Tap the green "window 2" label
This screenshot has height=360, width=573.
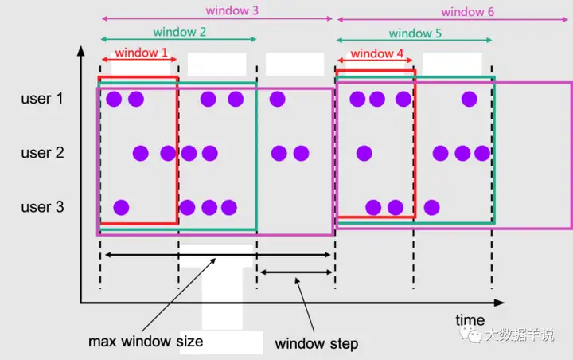click(x=181, y=33)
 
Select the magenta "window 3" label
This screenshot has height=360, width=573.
click(x=232, y=11)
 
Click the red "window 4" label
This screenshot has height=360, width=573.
click(x=376, y=54)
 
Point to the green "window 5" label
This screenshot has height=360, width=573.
click(x=415, y=33)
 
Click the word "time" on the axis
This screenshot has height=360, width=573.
click(x=470, y=320)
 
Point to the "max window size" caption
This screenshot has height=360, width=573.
click(x=146, y=342)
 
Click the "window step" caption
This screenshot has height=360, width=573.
click(x=316, y=344)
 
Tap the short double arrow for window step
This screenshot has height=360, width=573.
click(x=294, y=272)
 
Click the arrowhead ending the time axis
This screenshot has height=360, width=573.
click(x=500, y=303)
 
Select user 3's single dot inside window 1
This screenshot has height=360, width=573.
click(x=121, y=208)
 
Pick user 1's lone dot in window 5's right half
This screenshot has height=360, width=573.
click(x=470, y=99)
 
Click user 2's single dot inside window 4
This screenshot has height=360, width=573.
click(x=364, y=153)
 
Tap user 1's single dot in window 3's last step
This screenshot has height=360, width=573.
click(x=277, y=99)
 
